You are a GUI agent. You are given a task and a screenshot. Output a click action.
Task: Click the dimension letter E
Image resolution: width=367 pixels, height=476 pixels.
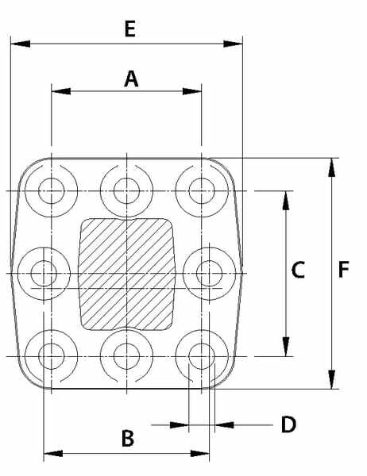coord(130,29)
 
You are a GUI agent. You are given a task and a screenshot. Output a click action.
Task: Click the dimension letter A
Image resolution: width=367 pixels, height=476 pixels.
coord(131,79)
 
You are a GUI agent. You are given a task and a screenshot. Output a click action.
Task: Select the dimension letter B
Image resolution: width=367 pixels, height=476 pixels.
coord(128,439)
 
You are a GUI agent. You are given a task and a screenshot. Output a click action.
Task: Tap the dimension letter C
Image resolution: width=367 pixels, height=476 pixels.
coord(298,270)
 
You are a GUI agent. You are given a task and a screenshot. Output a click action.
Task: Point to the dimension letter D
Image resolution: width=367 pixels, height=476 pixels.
coord(288,424)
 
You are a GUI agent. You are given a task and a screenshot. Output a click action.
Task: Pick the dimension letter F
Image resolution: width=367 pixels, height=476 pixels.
coord(344,270)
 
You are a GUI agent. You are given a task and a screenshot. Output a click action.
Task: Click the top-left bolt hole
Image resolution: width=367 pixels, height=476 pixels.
coord(52,191)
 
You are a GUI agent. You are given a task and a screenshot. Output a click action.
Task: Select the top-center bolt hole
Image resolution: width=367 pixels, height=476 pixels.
coord(126,191)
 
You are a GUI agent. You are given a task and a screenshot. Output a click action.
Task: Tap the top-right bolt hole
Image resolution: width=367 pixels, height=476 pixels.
coord(202,191)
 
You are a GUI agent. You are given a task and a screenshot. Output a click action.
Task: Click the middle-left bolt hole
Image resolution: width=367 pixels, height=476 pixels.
coord(44,274)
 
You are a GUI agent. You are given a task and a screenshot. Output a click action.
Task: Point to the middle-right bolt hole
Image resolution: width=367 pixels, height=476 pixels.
coord(209,274)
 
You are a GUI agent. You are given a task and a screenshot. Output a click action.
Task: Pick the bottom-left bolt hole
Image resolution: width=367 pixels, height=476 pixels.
coord(52,356)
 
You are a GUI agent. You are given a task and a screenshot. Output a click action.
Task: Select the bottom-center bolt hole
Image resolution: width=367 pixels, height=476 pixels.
coord(126,356)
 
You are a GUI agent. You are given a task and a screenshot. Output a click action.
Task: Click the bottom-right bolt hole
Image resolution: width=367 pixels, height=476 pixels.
coord(202,356)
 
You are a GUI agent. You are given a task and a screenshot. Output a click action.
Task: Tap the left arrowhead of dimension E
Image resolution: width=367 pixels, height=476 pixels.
coord(21,44)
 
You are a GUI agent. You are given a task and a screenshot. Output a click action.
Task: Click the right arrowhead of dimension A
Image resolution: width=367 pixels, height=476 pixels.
coord(192,91)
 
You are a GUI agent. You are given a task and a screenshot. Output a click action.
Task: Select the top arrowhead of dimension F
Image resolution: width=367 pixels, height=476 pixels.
coord(332,167)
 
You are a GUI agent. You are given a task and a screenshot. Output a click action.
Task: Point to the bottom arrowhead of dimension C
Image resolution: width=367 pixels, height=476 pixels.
coord(286,347)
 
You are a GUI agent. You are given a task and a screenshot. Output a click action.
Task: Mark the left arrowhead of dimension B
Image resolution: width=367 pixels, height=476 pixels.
coord(53,454)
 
